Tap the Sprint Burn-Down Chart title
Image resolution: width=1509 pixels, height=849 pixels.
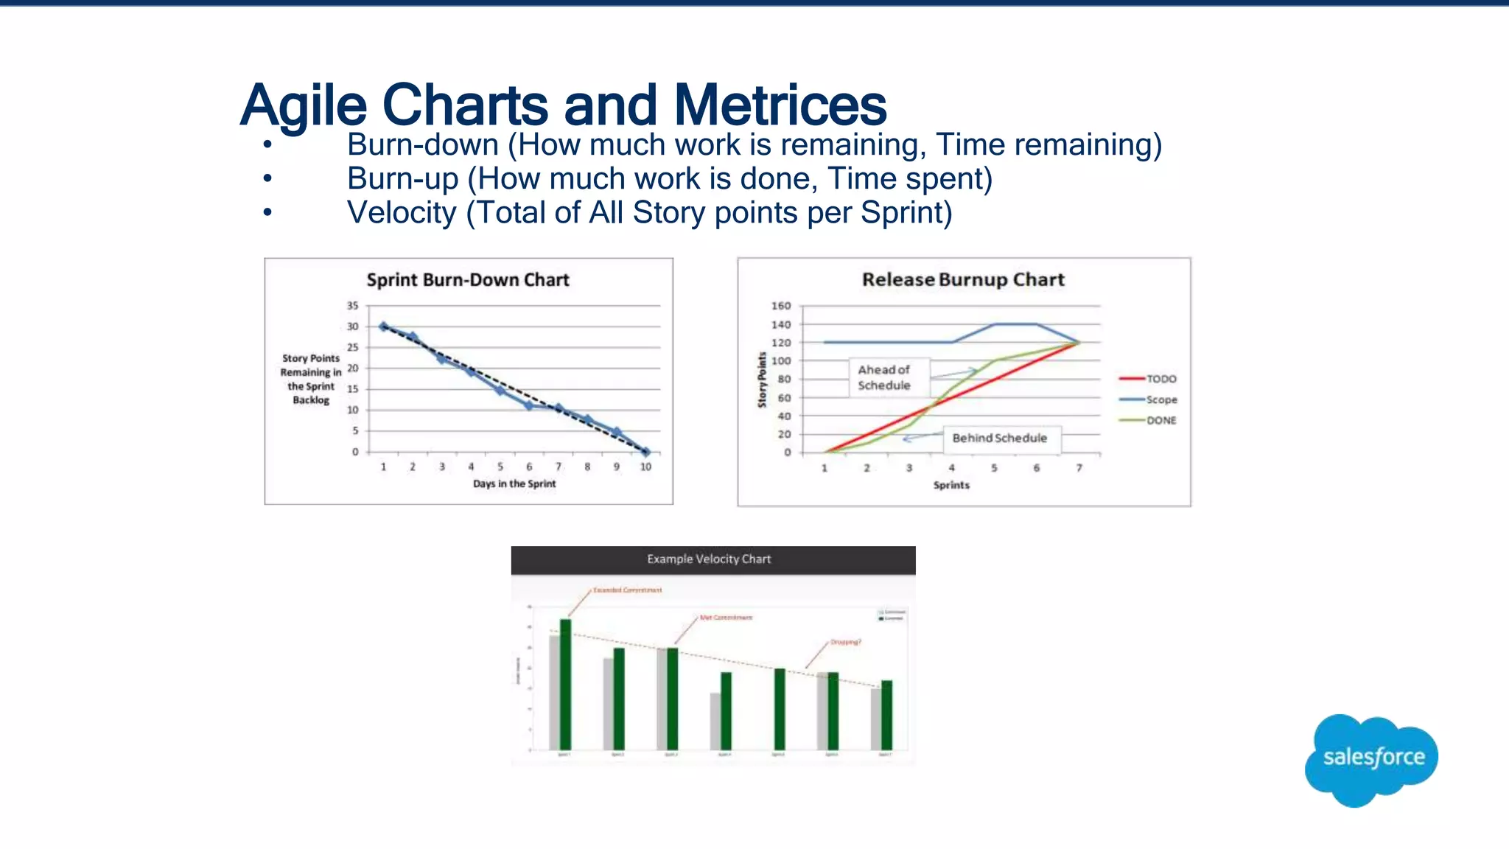468,280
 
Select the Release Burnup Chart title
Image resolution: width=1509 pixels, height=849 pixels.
963,280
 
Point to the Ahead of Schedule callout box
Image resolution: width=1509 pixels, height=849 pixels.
884,377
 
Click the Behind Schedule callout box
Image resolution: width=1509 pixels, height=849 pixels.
999,438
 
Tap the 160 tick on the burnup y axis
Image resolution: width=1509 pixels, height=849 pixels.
781,306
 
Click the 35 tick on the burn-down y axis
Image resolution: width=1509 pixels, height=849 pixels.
353,306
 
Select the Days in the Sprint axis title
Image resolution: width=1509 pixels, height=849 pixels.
514,483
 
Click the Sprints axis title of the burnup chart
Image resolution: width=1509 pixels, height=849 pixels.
951,485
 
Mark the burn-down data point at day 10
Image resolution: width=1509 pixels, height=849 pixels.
645,452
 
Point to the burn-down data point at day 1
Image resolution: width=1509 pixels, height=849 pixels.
383,326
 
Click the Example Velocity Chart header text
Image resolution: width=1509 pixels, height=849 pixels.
709,559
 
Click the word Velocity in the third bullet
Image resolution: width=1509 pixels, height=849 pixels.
402,213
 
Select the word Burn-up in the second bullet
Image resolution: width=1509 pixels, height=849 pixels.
403,179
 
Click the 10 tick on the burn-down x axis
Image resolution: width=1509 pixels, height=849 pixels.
645,467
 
